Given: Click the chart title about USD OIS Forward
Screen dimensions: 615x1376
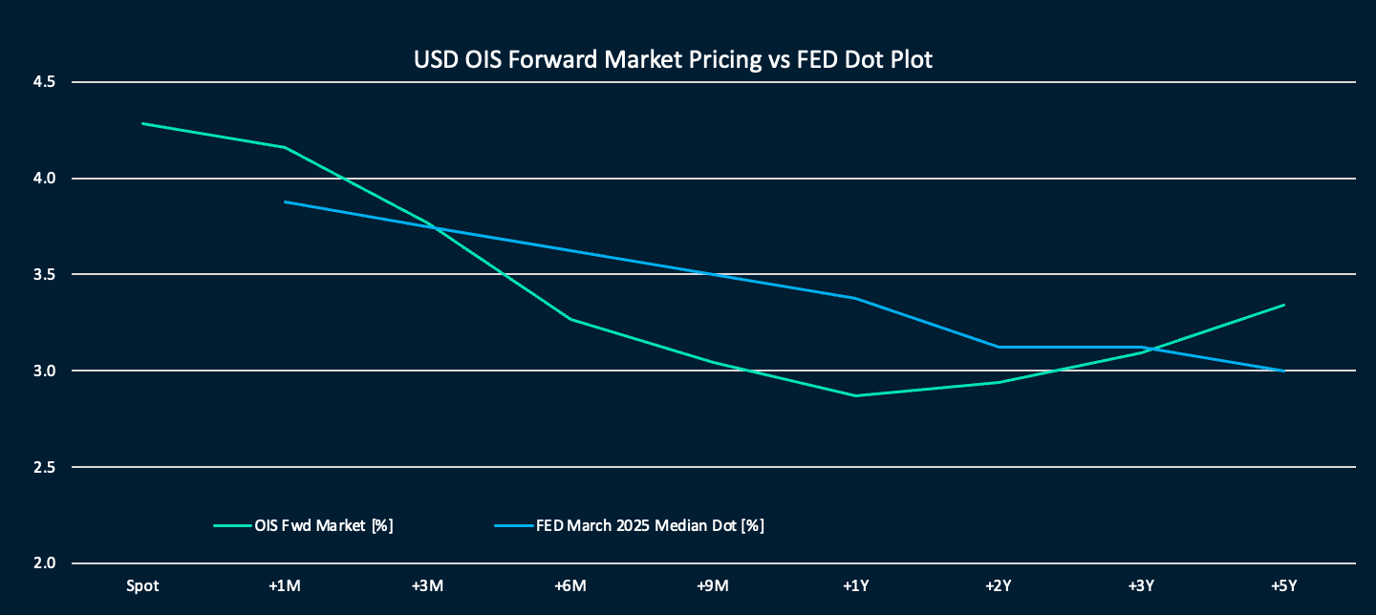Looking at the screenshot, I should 673,59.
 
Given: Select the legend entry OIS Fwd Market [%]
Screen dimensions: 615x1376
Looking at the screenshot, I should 324,525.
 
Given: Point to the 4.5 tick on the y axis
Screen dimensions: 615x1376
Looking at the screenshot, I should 43,82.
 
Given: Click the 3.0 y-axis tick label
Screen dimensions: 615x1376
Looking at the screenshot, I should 43,371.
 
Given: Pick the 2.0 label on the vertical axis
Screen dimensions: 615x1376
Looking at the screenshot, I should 43,563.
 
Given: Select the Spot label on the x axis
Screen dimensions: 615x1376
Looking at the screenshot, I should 142,584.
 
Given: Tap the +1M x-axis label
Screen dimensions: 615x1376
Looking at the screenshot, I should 285,584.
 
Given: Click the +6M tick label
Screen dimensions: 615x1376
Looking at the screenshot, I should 570,584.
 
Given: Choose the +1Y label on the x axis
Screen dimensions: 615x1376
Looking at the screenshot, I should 855,584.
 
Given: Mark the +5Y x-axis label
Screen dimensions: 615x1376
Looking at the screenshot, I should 1283,584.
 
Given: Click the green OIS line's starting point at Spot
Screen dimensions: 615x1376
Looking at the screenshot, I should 142,123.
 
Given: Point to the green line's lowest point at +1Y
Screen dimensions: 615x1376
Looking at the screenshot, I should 855,395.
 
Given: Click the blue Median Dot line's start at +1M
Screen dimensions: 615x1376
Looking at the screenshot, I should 285,201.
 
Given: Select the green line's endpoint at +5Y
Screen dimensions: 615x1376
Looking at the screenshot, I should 1283,306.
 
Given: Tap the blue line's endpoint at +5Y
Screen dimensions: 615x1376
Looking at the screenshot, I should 1283,371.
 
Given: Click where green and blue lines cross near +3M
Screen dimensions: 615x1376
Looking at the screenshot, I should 435,227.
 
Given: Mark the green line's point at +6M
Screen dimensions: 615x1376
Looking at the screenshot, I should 570,319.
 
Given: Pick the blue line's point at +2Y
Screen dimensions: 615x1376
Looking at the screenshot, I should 999,347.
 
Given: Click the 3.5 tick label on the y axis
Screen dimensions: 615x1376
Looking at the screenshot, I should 43,275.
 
